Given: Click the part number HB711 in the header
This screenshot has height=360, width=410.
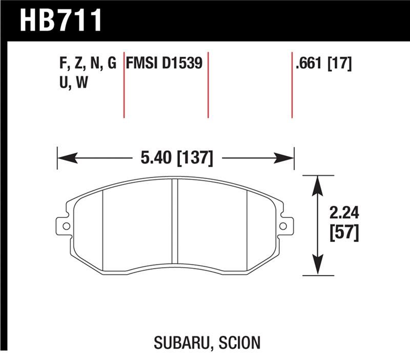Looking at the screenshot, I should click(x=60, y=21).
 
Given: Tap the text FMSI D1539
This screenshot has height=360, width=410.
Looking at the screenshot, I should click(x=165, y=64).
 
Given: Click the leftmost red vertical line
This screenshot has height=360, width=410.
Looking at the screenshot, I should click(x=124, y=85).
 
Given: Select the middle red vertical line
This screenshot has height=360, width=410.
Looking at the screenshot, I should click(x=208, y=85).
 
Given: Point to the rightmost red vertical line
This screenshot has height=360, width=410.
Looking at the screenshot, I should click(x=292, y=85).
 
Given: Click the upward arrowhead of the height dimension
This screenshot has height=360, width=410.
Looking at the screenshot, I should click(x=319, y=184).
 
